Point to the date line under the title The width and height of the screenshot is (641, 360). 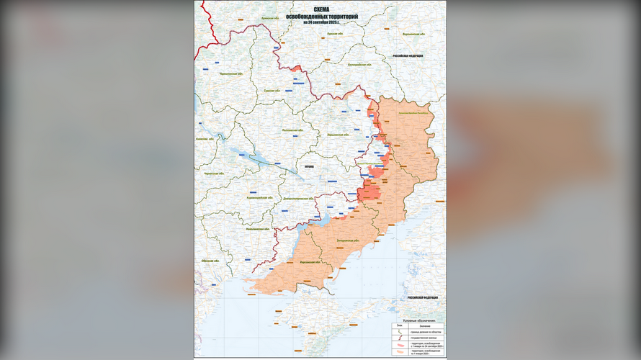point(320,22)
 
